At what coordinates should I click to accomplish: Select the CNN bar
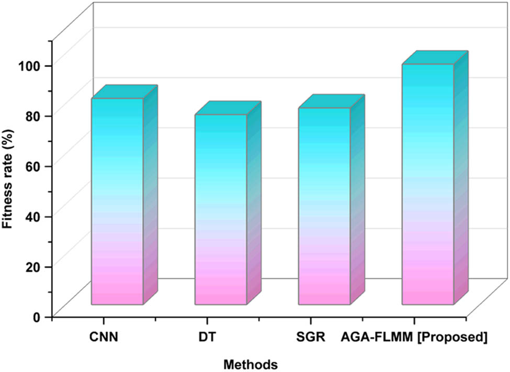117,201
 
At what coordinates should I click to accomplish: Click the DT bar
220,209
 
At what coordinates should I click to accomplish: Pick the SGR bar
324,206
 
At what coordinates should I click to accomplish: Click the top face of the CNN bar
124,91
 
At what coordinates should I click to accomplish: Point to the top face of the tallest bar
435,58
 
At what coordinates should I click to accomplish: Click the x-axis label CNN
103,337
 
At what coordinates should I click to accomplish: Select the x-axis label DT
207,337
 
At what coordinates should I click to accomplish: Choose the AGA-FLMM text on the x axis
377,337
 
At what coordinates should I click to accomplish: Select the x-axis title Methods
250,363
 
